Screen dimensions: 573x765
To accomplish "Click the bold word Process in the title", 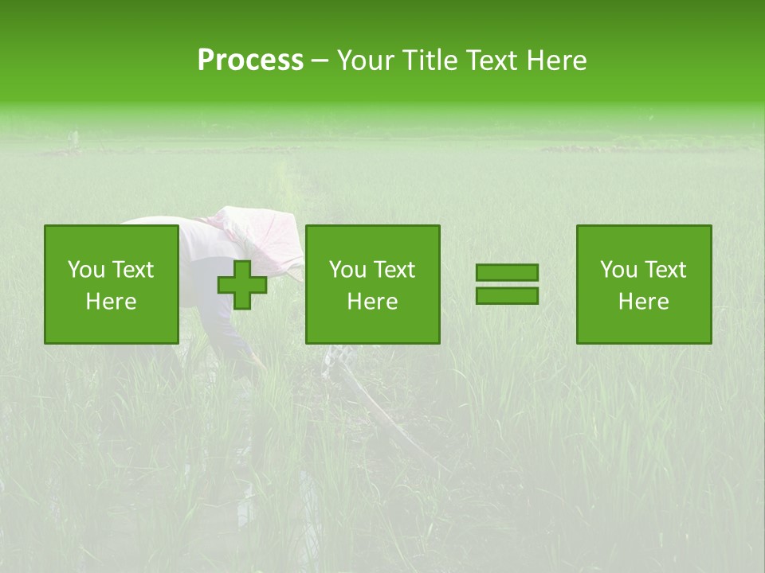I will (250, 60).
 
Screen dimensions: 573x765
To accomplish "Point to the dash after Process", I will (320, 61).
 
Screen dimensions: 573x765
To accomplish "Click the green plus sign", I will (242, 285).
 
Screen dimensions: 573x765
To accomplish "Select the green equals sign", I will (507, 284).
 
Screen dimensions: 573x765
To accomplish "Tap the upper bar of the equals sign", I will (507, 273).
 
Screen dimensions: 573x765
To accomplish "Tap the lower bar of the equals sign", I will (507, 295).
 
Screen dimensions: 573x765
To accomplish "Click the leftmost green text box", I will (112, 284).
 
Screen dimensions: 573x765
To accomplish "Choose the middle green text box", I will (373, 284).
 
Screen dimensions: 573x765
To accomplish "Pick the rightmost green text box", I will (644, 284).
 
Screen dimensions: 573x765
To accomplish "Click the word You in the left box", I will (86, 270).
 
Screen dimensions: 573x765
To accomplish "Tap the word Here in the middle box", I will (373, 302).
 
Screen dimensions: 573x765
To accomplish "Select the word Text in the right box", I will (665, 270).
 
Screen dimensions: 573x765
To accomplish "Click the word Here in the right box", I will (644, 302).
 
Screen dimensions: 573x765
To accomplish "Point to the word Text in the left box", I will (132, 270).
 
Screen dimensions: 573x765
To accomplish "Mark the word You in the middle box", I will (347, 270).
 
